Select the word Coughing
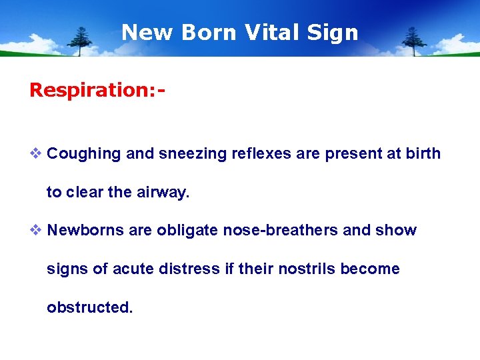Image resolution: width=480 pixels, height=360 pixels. pyautogui.click(x=84, y=154)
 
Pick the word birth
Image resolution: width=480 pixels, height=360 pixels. pyautogui.click(x=422, y=154)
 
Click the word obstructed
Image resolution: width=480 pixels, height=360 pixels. pyautogui.click(x=89, y=308)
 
